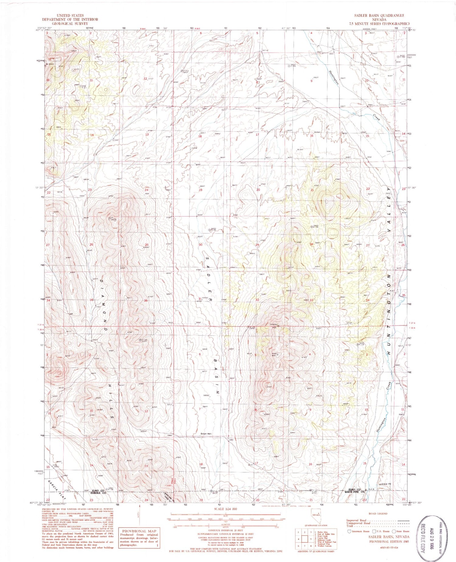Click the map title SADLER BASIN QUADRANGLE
tap(378, 16)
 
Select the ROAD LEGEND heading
tap(378, 514)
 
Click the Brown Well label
tap(206, 434)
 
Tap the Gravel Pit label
tap(385, 484)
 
